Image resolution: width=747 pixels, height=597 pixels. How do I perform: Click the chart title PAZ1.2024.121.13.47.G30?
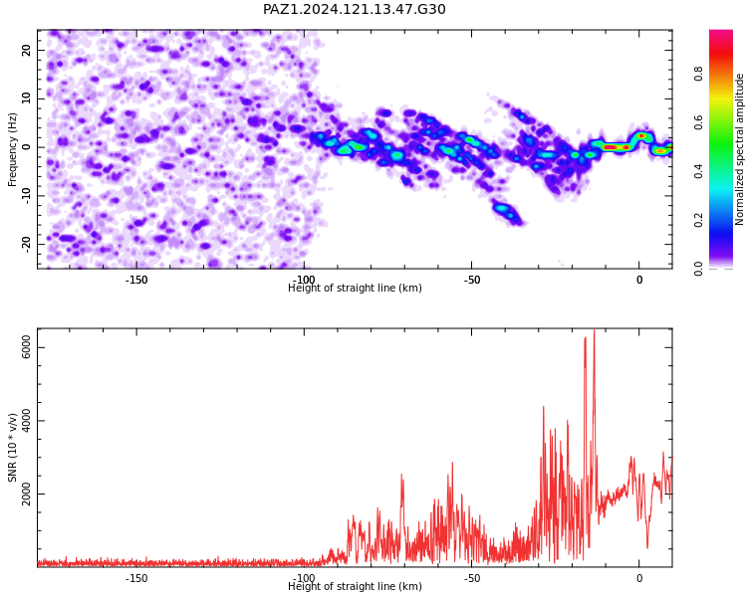pos(354,9)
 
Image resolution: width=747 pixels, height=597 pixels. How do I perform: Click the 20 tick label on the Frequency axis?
pos(27,50)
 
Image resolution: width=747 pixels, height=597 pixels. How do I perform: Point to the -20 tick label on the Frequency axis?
pos(27,245)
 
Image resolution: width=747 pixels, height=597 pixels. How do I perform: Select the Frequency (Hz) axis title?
pos(12,149)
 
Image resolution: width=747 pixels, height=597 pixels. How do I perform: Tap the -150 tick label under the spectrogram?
pos(136,280)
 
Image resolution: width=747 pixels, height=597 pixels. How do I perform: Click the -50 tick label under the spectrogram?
pos(472,280)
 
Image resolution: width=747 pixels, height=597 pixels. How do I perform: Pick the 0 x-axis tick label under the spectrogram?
pos(639,280)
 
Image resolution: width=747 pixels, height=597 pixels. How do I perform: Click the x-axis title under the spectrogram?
pos(355,288)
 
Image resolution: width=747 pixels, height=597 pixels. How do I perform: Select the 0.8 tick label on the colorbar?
pos(698,74)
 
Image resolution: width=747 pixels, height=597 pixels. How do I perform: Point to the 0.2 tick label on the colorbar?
pos(698,220)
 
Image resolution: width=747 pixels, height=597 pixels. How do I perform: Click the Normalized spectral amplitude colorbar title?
pos(739,149)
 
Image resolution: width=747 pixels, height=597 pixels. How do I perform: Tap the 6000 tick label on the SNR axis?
pos(27,347)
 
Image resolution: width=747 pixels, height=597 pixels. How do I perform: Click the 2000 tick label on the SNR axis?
pos(27,494)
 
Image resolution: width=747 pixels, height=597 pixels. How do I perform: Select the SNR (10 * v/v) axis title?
pos(12,448)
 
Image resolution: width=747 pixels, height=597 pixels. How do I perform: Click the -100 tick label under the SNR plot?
pos(304,578)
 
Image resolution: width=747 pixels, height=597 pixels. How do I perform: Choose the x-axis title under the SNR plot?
pos(355,586)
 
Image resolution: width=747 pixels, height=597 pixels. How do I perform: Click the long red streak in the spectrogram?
pos(617,147)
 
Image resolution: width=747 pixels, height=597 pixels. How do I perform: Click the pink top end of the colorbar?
pos(721,34)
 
